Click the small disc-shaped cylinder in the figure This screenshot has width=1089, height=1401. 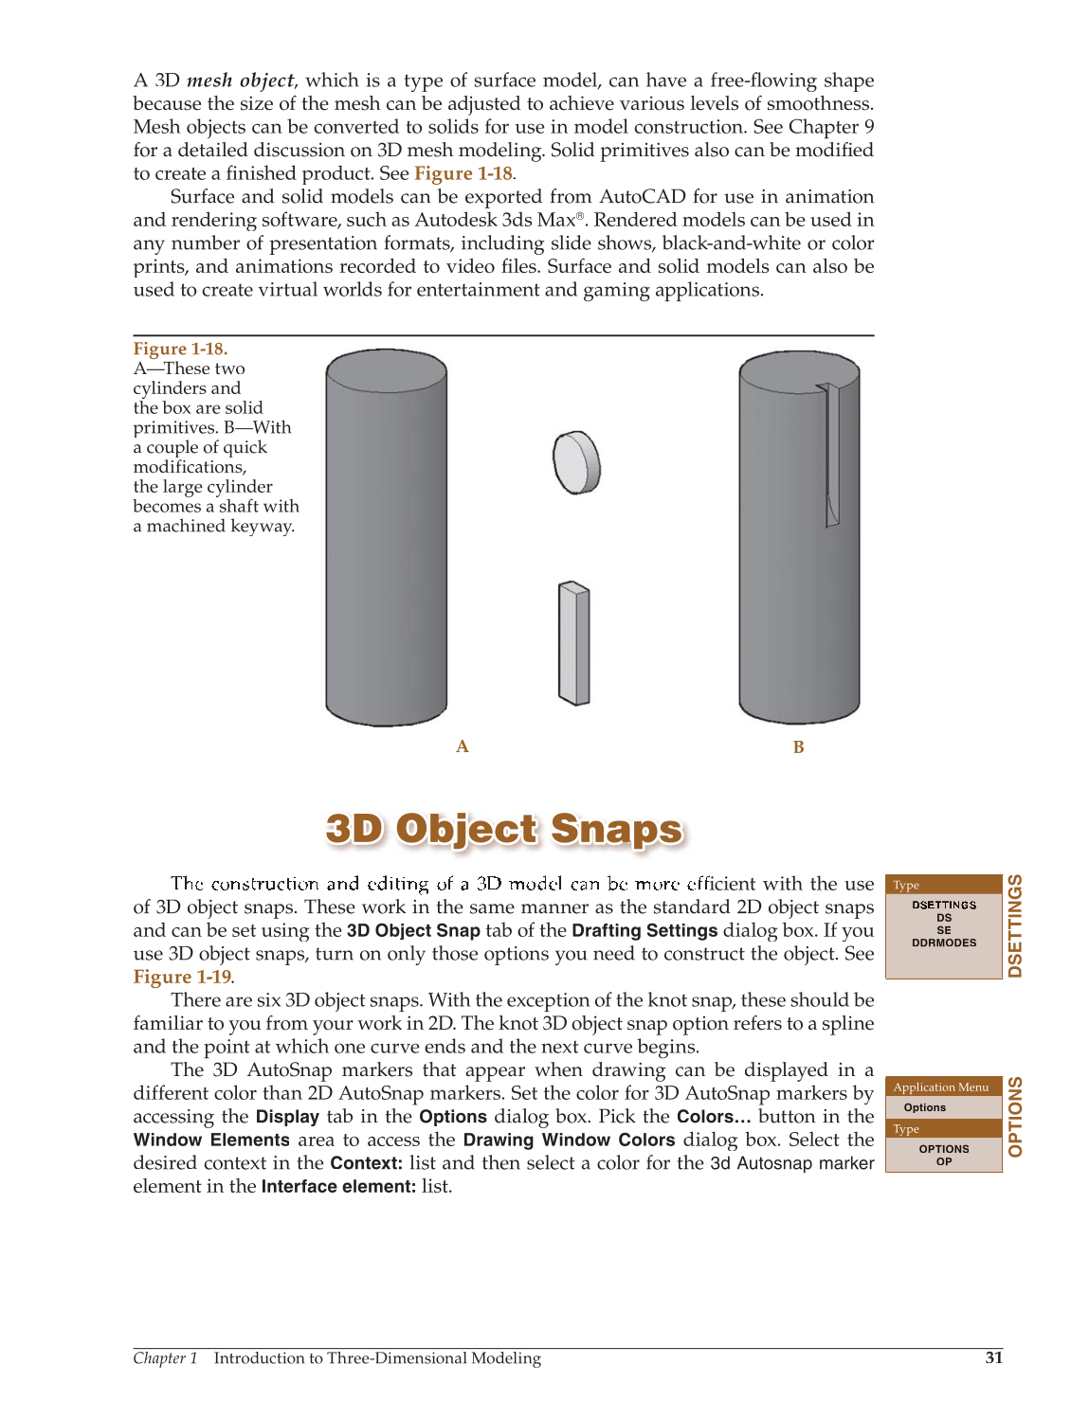576,462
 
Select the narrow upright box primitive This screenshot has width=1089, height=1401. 574,643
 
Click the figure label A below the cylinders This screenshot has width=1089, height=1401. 463,746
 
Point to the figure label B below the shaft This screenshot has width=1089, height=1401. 798,747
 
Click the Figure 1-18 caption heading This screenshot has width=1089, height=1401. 180,349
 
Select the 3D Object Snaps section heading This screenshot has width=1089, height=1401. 503,829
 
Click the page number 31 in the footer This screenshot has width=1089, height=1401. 993,1357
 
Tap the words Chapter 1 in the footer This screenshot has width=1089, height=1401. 165,1358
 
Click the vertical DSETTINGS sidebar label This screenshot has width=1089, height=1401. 1015,926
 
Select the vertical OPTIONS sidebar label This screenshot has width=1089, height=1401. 1015,1117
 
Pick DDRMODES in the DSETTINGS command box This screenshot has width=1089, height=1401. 944,943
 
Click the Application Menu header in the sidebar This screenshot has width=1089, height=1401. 941,1087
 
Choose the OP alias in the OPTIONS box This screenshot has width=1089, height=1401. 944,1161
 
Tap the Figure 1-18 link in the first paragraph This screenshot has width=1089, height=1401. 463,173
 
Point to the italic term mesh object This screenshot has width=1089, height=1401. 241,81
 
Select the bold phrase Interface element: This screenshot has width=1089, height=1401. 338,1186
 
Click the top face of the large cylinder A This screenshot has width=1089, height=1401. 386,366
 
